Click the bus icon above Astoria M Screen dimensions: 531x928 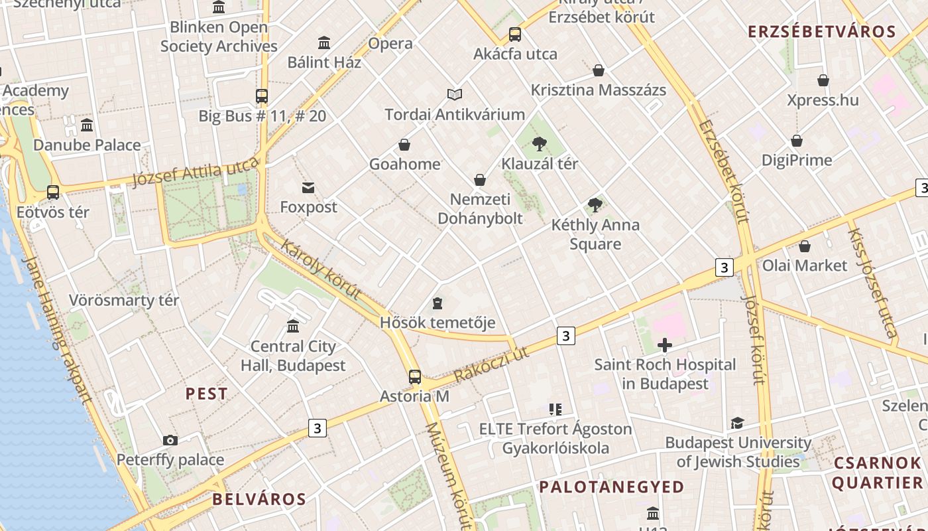[415, 377]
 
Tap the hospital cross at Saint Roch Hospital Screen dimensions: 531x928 [664, 344]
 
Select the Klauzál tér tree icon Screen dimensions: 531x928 [540, 143]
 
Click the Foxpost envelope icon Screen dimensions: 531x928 [308, 187]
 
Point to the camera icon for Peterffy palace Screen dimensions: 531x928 [170, 440]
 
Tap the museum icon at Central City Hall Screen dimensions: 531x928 [293, 326]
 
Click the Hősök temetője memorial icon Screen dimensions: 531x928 [437, 303]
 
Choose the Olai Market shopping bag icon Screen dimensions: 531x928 [804, 246]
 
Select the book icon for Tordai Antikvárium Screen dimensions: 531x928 [454, 95]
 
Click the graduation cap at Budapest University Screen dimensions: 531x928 [737, 423]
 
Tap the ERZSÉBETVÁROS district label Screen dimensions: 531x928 [821, 31]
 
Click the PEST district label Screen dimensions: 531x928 [206, 394]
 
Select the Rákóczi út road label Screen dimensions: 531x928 [491, 364]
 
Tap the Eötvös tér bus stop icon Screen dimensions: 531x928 [53, 192]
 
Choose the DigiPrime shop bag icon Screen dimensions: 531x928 [797, 141]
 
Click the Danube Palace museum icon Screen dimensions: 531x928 [87, 125]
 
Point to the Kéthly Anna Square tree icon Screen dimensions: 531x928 [595, 205]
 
